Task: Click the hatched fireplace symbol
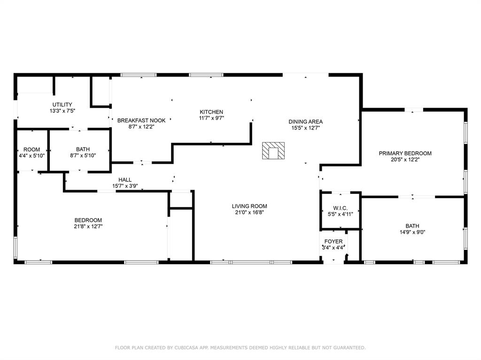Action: pos(273,151)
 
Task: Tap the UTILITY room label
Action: pos(62,105)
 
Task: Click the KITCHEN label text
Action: pos(211,112)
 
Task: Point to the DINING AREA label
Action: pos(305,122)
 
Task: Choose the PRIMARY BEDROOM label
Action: pos(405,153)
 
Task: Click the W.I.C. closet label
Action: pos(340,208)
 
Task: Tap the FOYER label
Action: pos(334,242)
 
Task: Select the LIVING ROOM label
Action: pos(249,206)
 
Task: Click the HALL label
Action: pos(125,180)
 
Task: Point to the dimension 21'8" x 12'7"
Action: pos(88,226)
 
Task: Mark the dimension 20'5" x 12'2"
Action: pos(405,160)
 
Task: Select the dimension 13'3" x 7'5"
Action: pos(62,111)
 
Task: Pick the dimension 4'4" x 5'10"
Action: pos(32,156)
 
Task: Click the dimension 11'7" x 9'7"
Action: pos(211,118)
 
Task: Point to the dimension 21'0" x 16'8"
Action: pos(249,213)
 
